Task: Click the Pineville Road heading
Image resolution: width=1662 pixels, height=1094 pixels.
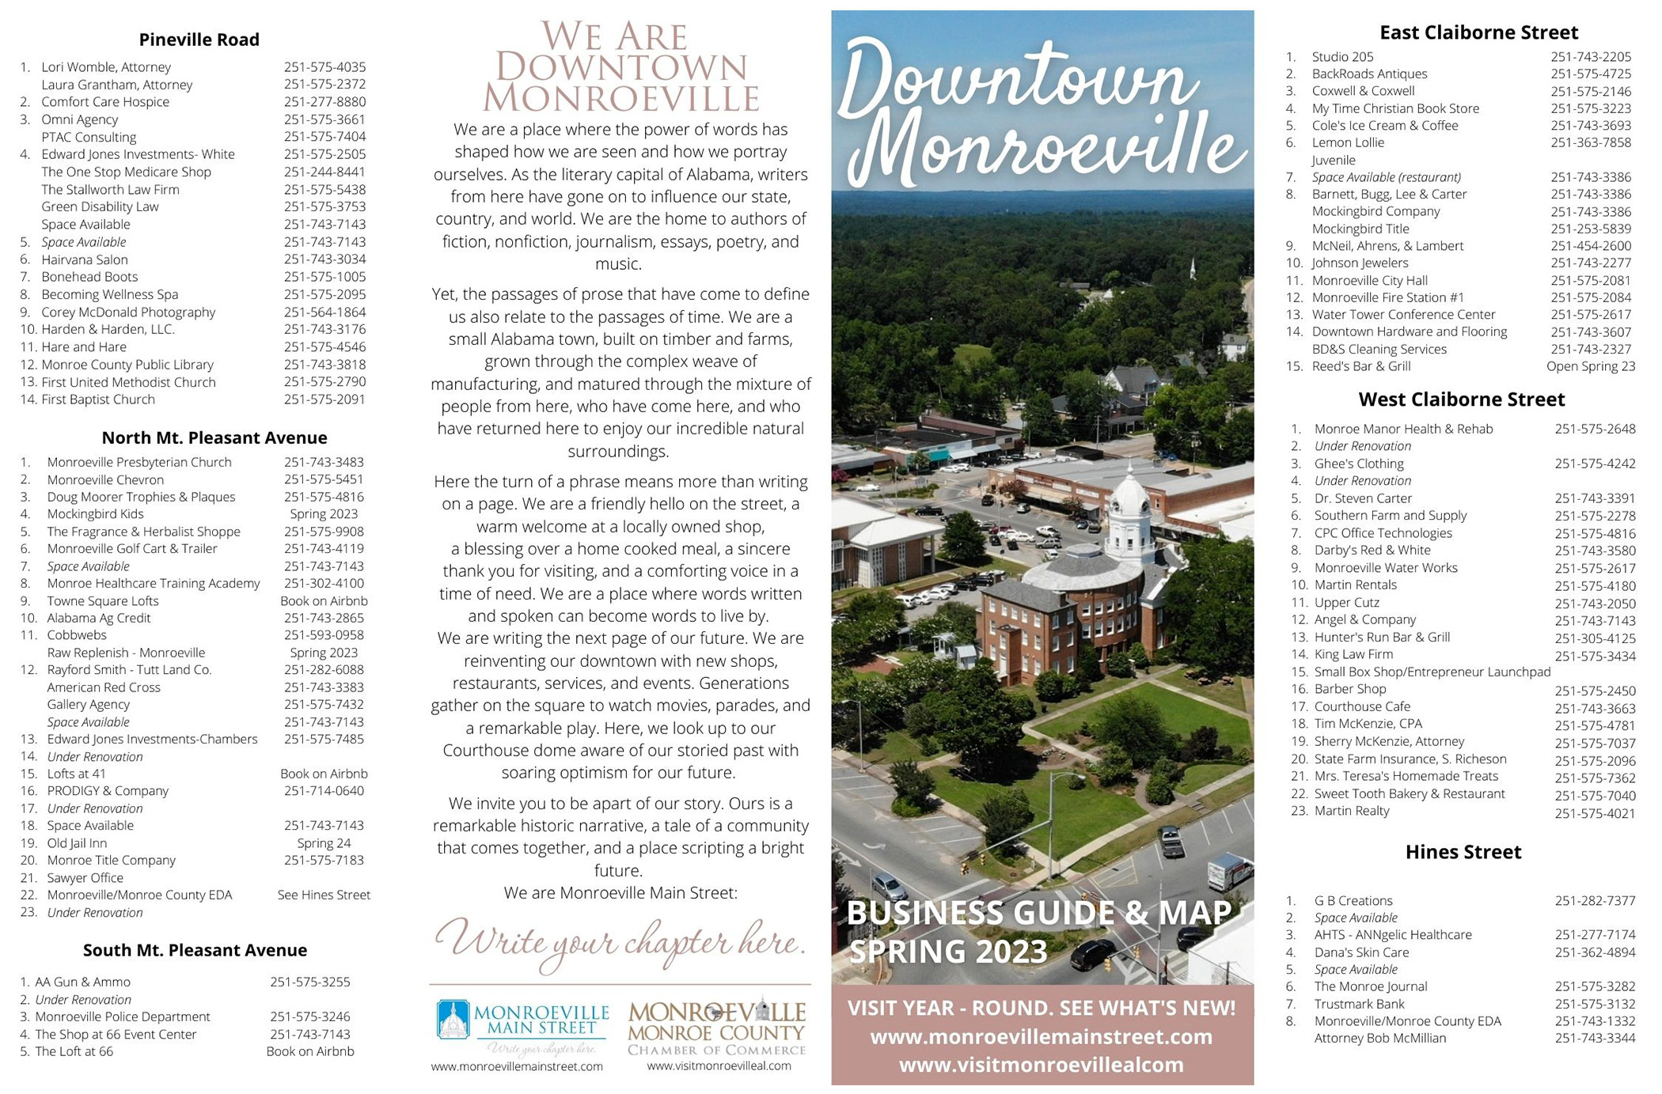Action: coord(199,40)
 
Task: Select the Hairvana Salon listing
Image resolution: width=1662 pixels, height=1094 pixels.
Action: coord(85,259)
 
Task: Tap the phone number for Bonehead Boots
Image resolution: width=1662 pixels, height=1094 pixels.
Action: coord(324,277)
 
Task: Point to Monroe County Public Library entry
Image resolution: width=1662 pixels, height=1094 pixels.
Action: coord(127,365)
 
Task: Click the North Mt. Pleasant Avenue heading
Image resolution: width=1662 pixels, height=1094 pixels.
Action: coord(214,437)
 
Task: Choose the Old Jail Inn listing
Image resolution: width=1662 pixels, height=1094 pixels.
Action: coord(77,843)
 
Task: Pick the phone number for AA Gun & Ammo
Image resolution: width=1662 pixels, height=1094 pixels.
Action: coord(309,982)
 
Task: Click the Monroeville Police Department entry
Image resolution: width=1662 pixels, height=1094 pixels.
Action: coord(123,1016)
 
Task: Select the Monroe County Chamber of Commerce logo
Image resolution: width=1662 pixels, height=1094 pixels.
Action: coord(717,1027)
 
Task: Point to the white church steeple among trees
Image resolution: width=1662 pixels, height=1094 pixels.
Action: coord(1193,269)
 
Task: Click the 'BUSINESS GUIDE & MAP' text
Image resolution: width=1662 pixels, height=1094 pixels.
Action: coord(1038,913)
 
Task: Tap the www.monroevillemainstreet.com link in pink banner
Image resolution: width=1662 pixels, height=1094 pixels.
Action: coord(1041,1037)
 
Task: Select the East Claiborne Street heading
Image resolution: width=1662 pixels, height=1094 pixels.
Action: coord(1478,32)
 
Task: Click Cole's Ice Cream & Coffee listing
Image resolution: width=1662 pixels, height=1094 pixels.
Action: coord(1384,126)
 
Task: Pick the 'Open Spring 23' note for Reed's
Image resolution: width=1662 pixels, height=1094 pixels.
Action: coord(1590,366)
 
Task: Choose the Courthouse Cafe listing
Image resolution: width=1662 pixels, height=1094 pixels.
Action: coord(1362,706)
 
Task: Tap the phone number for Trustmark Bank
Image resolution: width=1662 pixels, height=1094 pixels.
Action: coord(1594,1005)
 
